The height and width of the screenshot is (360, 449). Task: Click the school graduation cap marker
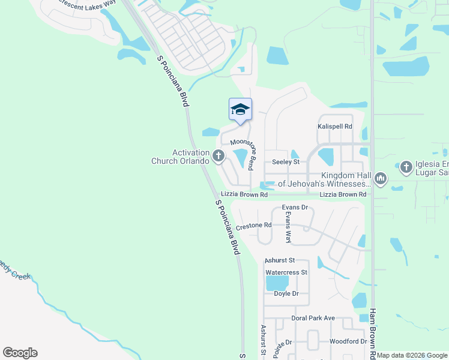pyautogui.click(x=240, y=109)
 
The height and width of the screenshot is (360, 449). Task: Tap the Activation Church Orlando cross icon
pyautogui.click(x=218, y=157)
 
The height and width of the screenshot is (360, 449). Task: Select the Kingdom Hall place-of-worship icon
pyautogui.click(x=380, y=178)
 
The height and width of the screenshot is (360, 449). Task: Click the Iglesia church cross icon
pyautogui.click(x=406, y=167)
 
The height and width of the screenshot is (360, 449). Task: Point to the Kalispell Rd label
pyautogui.click(x=334, y=127)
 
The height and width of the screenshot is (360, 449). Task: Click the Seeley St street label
pyautogui.click(x=285, y=162)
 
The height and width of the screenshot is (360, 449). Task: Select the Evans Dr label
pyautogui.click(x=295, y=208)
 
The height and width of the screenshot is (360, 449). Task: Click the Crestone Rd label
pyautogui.click(x=254, y=226)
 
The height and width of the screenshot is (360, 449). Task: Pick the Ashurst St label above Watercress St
pyautogui.click(x=280, y=260)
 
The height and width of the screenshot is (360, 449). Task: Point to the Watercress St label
pyautogui.click(x=286, y=272)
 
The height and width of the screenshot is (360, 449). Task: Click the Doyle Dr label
pyautogui.click(x=286, y=293)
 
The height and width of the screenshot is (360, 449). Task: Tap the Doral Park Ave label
pyautogui.click(x=313, y=318)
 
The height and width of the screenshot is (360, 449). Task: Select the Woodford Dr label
pyautogui.click(x=348, y=341)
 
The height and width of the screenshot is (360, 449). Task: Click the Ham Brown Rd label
pyautogui.click(x=373, y=334)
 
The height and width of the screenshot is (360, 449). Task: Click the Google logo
pyautogui.click(x=20, y=353)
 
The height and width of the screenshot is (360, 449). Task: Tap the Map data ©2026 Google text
pyautogui.click(x=412, y=355)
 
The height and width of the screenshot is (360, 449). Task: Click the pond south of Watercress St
pyautogui.click(x=277, y=283)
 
